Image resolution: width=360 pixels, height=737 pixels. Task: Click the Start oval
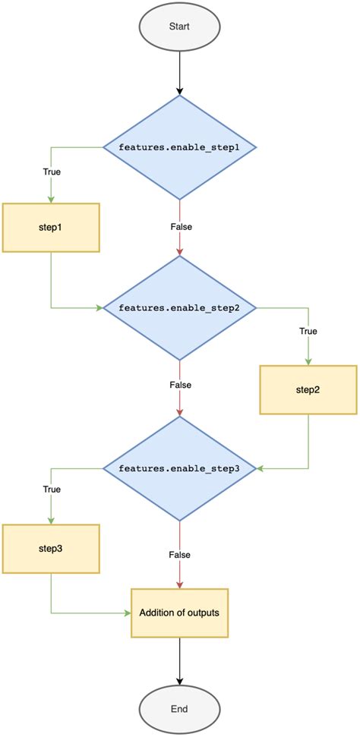[179, 26]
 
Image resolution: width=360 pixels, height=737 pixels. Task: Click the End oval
[179, 709]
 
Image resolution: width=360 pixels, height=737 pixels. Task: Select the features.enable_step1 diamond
[179, 146]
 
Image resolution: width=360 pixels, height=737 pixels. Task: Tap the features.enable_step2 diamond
[179, 307]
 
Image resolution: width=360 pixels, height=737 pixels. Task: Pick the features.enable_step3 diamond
[179, 468]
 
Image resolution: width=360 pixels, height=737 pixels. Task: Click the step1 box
[50, 227]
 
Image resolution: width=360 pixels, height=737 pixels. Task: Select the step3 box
[50, 548]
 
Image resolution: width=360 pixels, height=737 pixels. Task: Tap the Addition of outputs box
[179, 612]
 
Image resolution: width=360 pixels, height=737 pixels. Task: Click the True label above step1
[52, 171]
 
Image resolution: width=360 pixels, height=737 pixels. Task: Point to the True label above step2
[308, 332]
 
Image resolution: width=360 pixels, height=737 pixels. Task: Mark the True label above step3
[52, 490]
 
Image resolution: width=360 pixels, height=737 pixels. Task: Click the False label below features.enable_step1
[180, 225]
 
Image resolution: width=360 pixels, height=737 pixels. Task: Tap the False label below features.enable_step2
[180, 385]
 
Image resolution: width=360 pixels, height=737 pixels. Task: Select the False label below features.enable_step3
[180, 555]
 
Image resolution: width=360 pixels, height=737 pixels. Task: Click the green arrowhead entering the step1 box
[50, 198]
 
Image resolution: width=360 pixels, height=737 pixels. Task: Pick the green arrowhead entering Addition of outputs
[127, 612]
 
